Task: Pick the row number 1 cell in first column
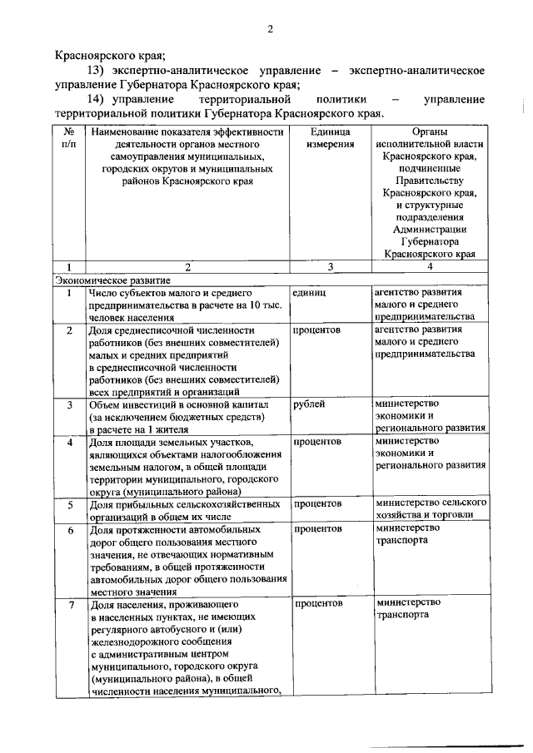click(69, 293)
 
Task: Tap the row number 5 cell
click(69, 504)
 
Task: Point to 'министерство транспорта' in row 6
click(405, 533)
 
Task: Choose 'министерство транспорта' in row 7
click(405, 608)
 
